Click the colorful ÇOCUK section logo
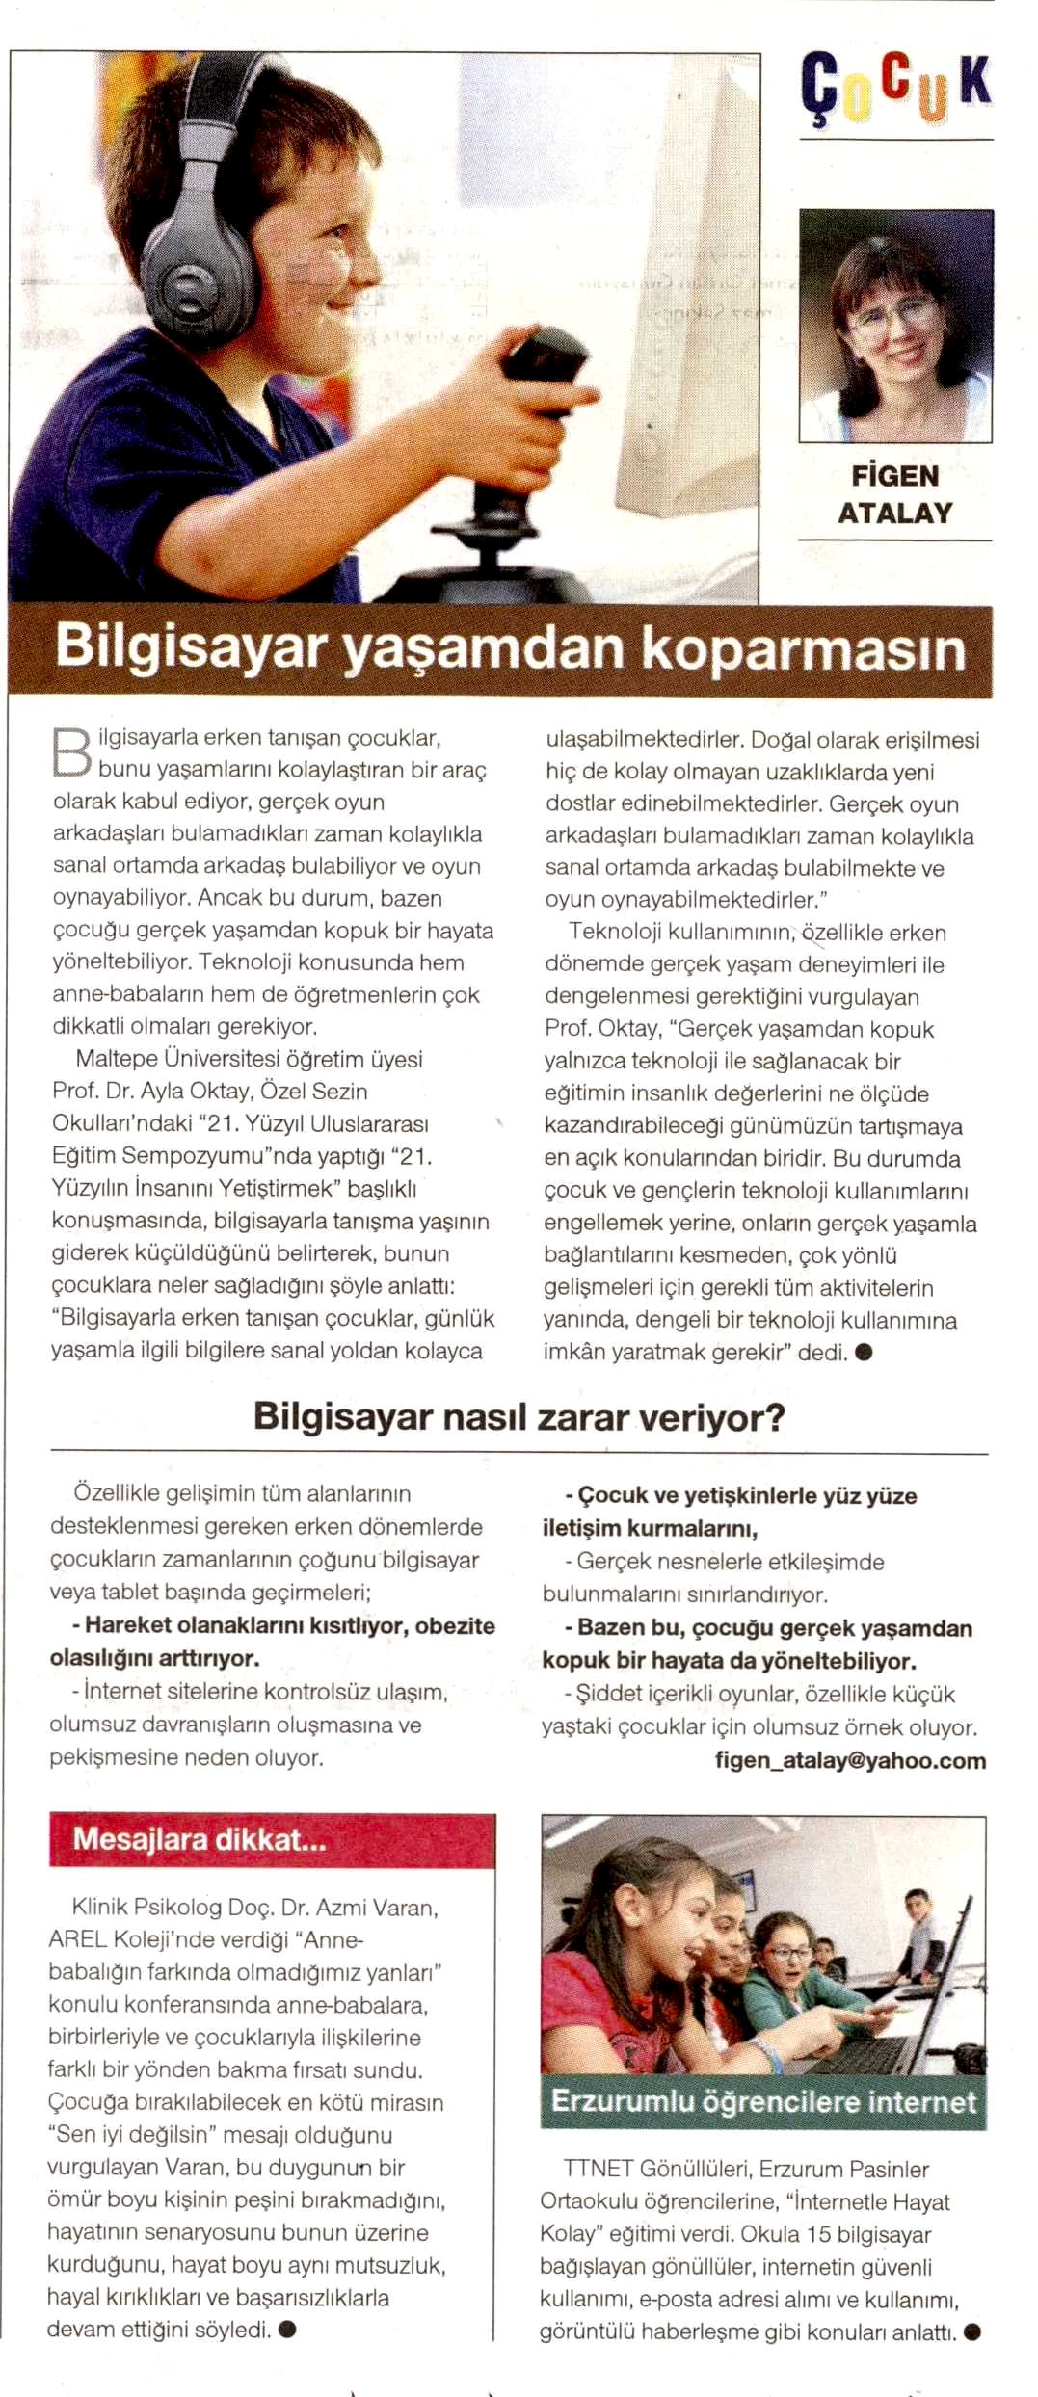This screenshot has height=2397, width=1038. point(895,88)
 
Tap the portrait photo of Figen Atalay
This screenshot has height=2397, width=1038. point(895,325)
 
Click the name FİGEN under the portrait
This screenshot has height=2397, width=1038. point(894,476)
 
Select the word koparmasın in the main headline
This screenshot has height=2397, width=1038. point(803,648)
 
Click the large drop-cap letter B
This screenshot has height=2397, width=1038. point(70,752)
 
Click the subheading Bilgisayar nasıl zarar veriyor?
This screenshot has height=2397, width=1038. point(519,1417)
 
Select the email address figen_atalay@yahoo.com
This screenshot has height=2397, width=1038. point(850,1760)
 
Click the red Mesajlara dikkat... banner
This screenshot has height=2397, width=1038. point(272,1839)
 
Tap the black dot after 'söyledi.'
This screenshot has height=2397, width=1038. point(286,2330)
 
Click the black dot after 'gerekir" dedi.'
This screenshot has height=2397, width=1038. point(864,1352)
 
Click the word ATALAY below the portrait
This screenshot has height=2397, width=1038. point(894,514)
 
